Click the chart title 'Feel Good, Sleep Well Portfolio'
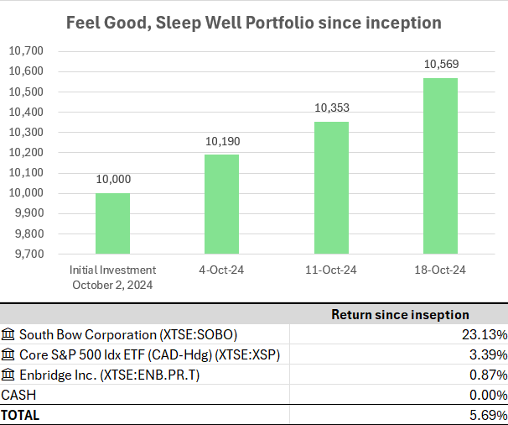point(254,21)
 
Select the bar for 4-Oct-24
point(221,203)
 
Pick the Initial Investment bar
point(112,223)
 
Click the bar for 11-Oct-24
point(330,187)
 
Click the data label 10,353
point(330,108)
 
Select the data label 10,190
point(221,141)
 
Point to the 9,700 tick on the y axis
point(29,254)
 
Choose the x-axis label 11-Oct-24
point(330,270)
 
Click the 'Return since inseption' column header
point(400,315)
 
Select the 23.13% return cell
point(485,334)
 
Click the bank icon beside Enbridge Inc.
point(8,374)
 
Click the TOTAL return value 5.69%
point(488,415)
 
